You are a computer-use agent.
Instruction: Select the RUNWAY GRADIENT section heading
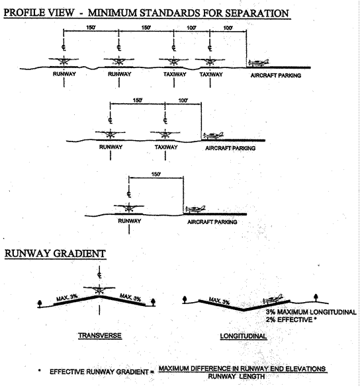(50, 254)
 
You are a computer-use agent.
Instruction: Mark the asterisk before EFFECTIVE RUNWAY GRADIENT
(40, 371)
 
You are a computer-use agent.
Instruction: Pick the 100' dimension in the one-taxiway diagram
(183, 100)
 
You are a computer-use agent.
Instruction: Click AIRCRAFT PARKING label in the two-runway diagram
(276, 75)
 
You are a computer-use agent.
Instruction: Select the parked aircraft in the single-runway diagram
(197, 209)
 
